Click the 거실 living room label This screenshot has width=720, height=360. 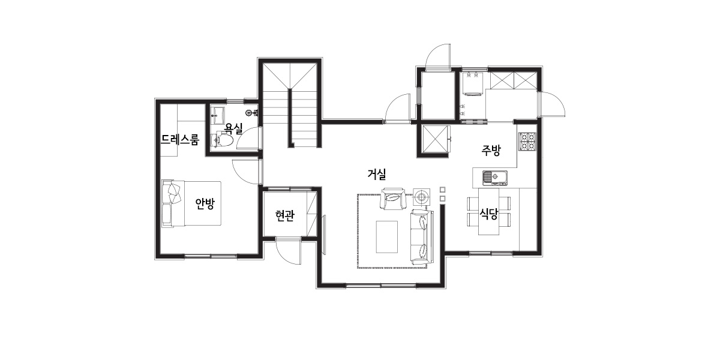click(377, 174)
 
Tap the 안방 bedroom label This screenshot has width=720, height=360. click(205, 203)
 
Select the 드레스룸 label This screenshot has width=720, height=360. click(180, 140)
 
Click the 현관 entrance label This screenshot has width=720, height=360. click(285, 215)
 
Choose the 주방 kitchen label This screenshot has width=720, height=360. click(491, 150)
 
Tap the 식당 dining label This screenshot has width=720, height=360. click(488, 214)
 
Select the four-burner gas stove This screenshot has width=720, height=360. click(527, 142)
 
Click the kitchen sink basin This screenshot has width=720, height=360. click(494, 178)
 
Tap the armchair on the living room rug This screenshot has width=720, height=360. click(393, 199)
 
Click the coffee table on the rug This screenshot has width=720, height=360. click(387, 237)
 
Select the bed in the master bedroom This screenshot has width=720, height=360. click(191, 203)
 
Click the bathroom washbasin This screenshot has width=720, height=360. click(218, 115)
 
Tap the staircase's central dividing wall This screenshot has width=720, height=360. click(290, 118)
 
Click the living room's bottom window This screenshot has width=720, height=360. click(381, 285)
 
